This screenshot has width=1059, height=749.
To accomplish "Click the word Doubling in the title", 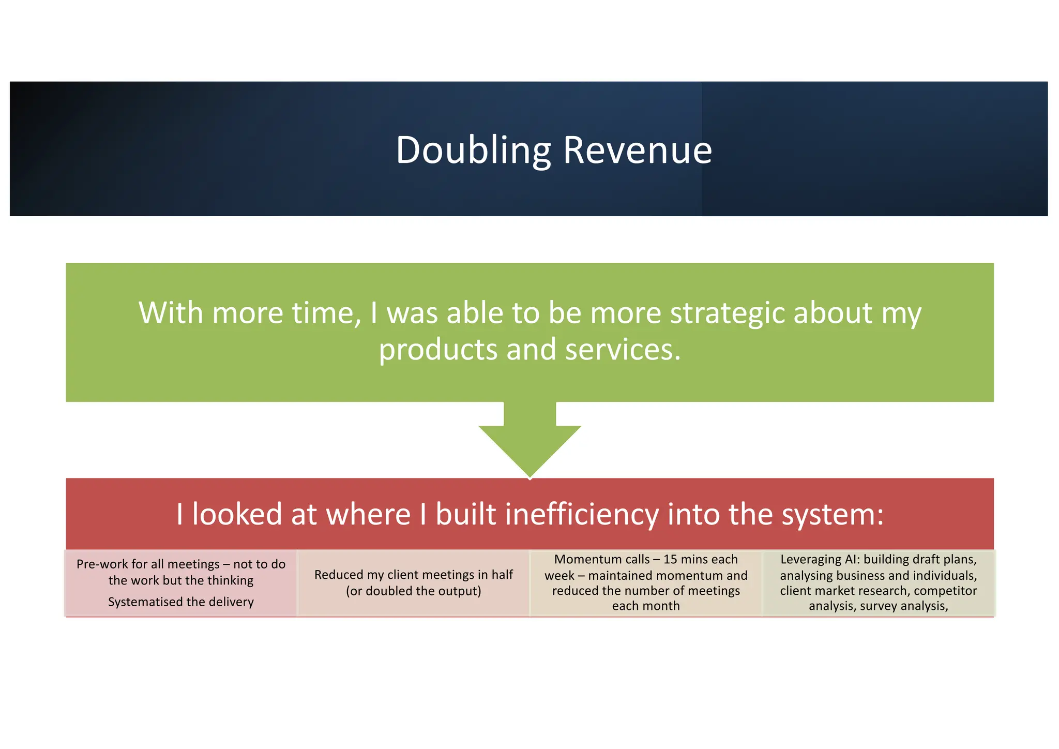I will (473, 150).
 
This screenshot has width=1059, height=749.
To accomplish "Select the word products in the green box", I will (438, 350).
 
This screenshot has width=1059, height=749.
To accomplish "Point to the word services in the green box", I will (622, 350).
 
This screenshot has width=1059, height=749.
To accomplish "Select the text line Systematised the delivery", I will (181, 602).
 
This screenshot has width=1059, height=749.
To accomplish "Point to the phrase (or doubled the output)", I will (414, 591).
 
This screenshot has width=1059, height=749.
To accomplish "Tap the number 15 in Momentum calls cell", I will (671, 559).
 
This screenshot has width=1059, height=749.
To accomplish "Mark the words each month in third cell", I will (646, 606).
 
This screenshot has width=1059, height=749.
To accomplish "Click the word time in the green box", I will (324, 313).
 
